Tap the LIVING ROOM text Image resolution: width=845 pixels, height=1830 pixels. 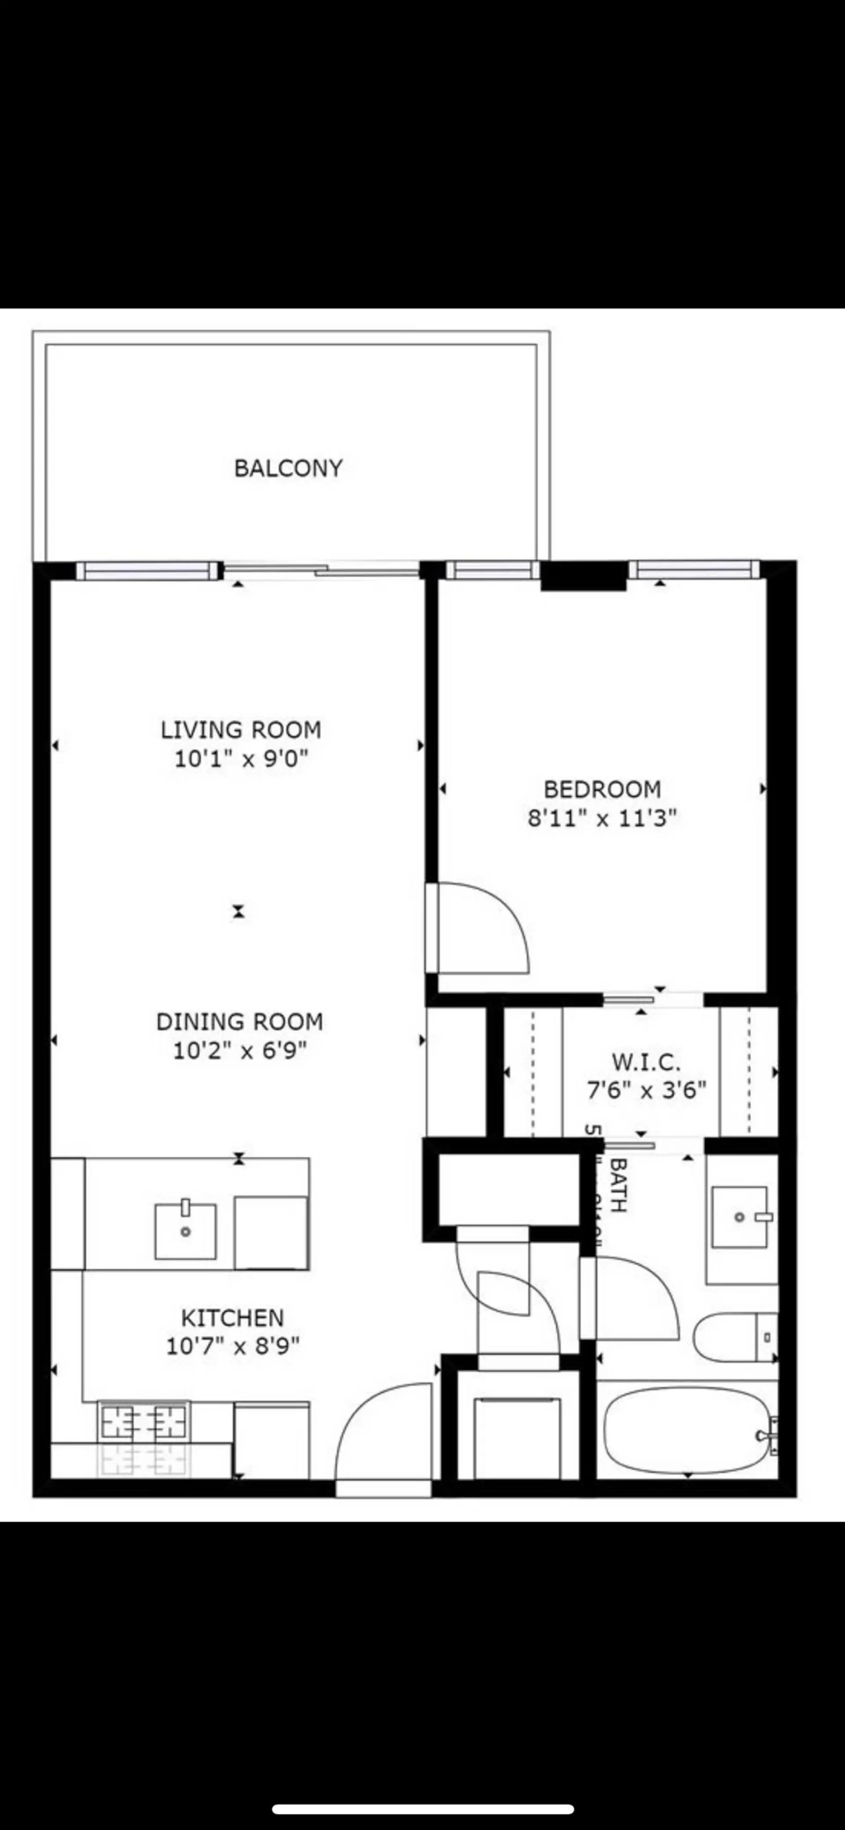(240, 730)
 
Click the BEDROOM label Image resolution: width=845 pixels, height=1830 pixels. (602, 789)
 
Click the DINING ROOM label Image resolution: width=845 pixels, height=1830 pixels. (239, 1022)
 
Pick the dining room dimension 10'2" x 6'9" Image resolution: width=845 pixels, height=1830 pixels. (239, 1051)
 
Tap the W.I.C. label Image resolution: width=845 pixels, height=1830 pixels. (646, 1063)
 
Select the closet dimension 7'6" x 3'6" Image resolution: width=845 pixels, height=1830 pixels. (646, 1090)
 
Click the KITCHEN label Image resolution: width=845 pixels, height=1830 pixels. (232, 1318)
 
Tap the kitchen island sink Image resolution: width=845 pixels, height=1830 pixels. (185, 1231)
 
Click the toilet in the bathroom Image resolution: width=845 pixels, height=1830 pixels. (732, 1337)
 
